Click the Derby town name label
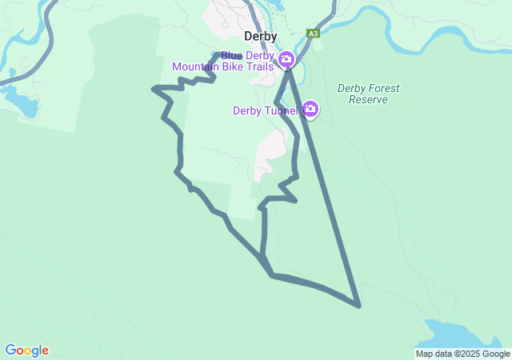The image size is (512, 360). [261, 37]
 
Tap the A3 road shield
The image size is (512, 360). [313, 34]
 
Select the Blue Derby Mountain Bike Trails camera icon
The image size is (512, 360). [286, 59]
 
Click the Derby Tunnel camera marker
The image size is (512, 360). [310, 109]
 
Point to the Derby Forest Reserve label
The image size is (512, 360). [368, 94]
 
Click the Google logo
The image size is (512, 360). [26, 350]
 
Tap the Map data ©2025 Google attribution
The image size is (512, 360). [462, 354]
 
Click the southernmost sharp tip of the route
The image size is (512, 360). [359, 305]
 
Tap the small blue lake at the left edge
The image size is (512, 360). [19, 100]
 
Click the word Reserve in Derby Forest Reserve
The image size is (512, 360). [368, 100]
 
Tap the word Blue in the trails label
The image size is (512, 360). [231, 55]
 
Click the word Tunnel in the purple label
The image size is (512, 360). [282, 110]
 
